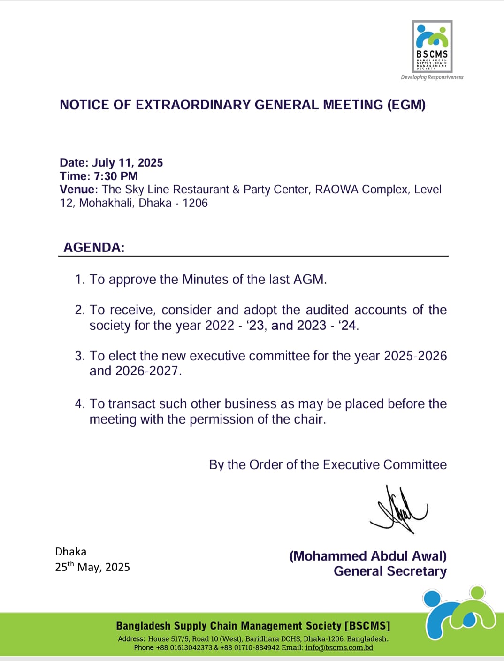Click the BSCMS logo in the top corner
click(432, 46)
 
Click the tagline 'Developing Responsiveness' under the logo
click(432, 77)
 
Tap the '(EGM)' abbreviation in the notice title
click(406, 105)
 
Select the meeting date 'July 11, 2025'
click(128, 163)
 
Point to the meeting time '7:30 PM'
click(116, 176)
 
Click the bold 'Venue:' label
click(78, 190)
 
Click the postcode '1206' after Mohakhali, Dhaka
click(195, 203)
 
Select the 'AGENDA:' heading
click(94, 247)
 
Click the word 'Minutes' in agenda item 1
click(205, 280)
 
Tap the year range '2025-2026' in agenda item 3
click(415, 356)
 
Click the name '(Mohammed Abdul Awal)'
click(368, 556)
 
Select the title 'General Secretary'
click(390, 571)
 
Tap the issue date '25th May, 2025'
click(92, 567)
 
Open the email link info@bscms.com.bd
click(339, 647)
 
